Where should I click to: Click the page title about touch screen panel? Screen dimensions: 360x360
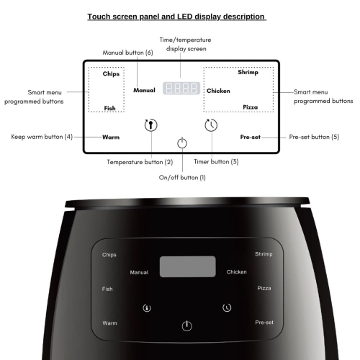coord(176,16)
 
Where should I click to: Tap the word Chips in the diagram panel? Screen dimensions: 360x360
coord(111,73)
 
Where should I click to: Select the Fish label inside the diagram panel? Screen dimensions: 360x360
coord(109,108)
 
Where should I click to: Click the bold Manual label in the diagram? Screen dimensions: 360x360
coord(144,90)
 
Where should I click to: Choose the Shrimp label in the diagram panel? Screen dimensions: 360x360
coord(248,73)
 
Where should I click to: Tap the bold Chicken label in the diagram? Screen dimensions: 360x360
coord(218,91)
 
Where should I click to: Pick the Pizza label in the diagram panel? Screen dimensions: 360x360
coord(250,107)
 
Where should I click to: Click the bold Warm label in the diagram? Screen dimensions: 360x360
coord(110,137)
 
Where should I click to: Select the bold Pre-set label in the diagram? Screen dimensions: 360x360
coord(251,136)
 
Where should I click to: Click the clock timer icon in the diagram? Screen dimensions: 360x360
coord(210,125)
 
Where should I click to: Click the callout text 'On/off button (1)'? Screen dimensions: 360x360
coord(182,177)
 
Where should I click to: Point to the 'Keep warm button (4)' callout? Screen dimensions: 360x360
coord(42,136)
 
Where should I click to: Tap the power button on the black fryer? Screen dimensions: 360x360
coord(187,325)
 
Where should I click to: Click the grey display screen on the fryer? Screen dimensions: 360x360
coord(187,266)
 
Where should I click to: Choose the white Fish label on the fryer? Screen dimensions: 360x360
coord(107,289)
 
